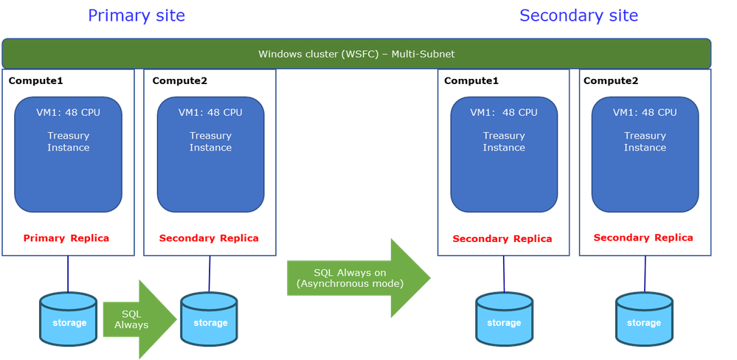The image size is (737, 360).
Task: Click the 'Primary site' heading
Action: pos(136,15)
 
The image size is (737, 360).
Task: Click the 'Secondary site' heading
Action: pos(578,15)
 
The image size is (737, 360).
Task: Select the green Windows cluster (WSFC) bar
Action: pos(356,54)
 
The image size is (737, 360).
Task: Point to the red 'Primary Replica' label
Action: pos(66,238)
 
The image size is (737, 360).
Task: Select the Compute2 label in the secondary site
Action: pos(610,80)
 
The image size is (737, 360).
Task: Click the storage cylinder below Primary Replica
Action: pos(69,318)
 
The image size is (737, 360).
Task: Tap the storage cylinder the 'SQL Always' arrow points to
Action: pos(210,318)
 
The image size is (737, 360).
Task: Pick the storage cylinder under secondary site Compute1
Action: pos(503,318)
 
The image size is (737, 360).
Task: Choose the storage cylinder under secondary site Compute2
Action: pos(644,318)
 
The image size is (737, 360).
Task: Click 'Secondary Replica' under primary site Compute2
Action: pos(209,238)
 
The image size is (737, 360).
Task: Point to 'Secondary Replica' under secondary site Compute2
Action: pos(643,238)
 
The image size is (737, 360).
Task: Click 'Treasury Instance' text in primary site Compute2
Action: pos(210,142)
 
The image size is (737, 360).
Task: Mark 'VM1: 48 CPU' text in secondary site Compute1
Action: pos(504,113)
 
